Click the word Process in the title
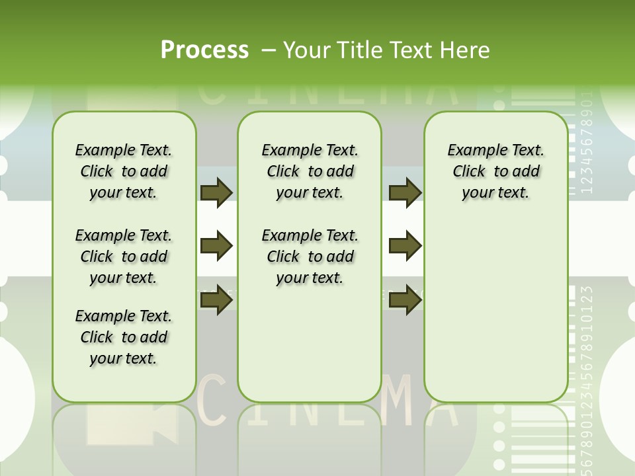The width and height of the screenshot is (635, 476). (x=204, y=50)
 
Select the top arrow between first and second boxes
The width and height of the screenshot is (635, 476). (x=216, y=192)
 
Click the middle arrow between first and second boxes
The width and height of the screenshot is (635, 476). (x=216, y=246)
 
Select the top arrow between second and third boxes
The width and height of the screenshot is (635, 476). (x=405, y=192)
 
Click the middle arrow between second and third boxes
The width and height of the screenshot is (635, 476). (x=405, y=246)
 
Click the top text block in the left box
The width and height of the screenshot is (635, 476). (x=124, y=171)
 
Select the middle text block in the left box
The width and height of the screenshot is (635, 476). (x=124, y=257)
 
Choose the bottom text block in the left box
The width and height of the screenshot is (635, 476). (x=124, y=337)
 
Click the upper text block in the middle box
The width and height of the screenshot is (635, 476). (x=310, y=171)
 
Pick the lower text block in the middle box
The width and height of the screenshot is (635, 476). (x=310, y=257)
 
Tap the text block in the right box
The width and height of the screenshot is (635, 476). (x=496, y=171)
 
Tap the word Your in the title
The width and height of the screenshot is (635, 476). (x=306, y=50)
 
